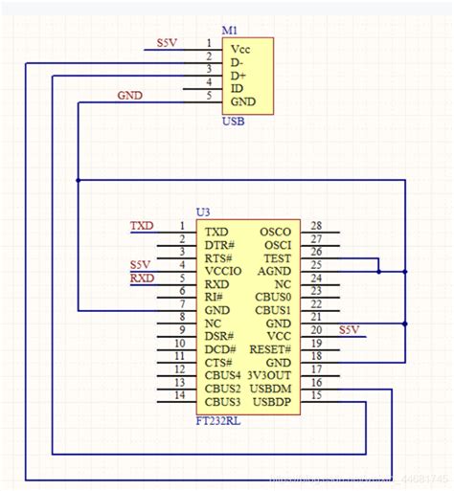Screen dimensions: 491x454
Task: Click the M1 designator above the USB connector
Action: point(230,31)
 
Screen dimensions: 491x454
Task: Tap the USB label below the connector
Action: point(233,122)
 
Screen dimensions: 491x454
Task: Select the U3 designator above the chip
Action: point(202,212)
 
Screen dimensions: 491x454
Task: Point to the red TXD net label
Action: point(142,226)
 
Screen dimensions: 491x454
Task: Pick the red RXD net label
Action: point(142,279)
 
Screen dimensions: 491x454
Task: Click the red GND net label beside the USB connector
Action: point(129,96)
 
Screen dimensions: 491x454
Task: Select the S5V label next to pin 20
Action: point(349,330)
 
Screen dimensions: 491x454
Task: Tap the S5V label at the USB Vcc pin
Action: point(168,43)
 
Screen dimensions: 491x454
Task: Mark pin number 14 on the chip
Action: point(179,395)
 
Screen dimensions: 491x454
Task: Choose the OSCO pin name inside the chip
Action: point(275,232)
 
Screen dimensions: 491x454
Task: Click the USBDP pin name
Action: point(272,402)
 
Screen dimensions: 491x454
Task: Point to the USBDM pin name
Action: point(271,389)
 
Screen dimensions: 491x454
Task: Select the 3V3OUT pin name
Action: point(271,376)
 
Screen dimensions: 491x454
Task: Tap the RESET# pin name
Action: point(271,349)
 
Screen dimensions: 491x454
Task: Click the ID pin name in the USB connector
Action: point(237,88)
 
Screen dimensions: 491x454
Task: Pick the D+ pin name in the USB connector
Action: point(238,75)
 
